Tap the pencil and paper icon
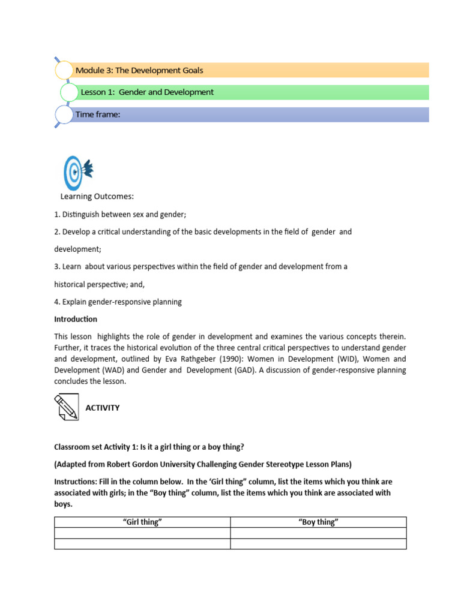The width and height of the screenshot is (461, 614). coord(67,407)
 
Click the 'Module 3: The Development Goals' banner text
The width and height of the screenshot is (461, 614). coord(139,70)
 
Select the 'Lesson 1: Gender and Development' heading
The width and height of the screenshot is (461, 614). coord(147,92)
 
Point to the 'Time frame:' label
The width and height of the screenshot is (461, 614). coord(98,114)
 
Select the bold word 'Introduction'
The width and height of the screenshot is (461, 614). coord(76,319)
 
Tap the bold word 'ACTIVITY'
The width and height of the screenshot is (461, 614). coord(103,408)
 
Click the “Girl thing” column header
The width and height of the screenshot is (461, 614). coord(142,522)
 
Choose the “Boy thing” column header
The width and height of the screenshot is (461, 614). coord(318,522)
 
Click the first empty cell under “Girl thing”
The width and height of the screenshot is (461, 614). coord(142,533)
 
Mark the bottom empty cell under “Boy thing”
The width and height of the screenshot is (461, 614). coord(318,544)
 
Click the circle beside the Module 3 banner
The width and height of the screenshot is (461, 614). coord(64,70)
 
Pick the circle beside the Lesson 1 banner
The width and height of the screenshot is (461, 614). coord(70,92)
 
